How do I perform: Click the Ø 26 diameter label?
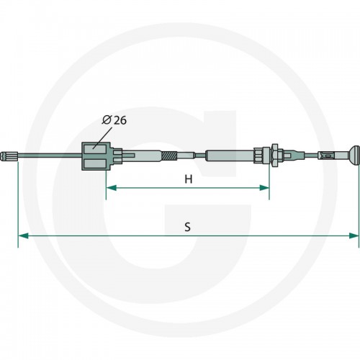pos(114,120)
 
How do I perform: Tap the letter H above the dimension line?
pos(189,179)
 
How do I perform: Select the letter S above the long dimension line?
pos(188,227)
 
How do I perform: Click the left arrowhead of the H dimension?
pos(111,188)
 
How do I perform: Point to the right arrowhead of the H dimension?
pos(264,188)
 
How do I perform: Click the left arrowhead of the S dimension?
pos(23,235)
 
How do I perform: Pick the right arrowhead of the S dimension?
pos(354,235)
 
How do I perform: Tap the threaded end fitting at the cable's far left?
pos(9,156)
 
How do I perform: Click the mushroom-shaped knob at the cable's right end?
pos(354,156)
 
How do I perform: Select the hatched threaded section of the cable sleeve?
pos(170,156)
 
